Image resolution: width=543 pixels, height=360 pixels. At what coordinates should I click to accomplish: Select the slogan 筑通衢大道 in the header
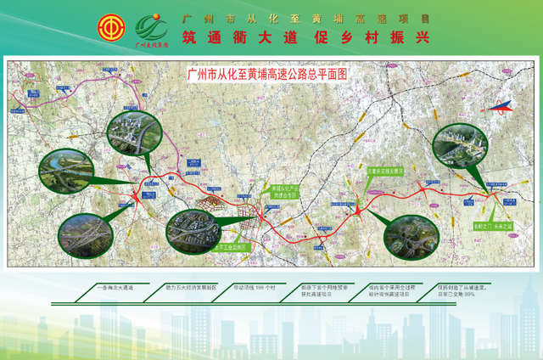[x=238, y=37]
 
